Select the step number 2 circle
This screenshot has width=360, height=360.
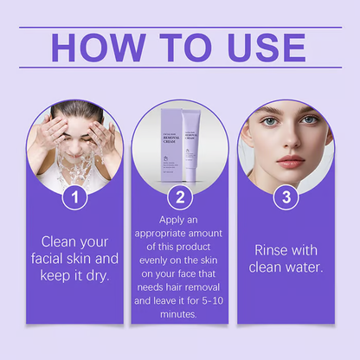[179, 197]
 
